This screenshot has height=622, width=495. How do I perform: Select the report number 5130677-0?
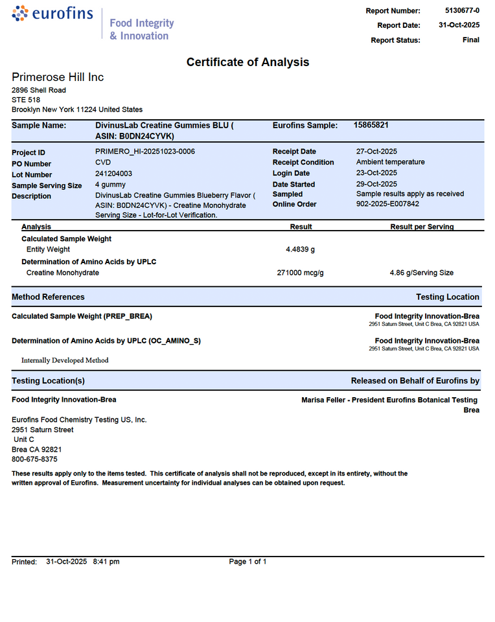tap(462, 10)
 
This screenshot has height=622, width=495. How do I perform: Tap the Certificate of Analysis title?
tap(247, 62)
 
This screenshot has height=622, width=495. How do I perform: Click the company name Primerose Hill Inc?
tap(58, 77)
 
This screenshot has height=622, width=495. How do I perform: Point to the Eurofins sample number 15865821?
tap(371, 124)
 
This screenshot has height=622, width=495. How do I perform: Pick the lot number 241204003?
tap(114, 174)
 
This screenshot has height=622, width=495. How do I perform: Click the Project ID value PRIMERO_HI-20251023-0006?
tap(145, 152)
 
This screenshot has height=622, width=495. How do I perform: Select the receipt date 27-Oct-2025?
tap(377, 152)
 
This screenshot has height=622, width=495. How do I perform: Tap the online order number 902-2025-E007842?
tap(387, 204)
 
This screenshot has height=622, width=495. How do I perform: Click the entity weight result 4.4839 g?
tap(300, 249)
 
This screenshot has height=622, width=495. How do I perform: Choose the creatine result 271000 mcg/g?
tap(300, 273)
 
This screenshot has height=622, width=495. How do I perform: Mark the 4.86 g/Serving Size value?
tap(421, 273)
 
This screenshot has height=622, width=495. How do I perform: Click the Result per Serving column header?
tap(422, 227)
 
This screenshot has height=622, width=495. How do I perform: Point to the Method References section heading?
tap(48, 297)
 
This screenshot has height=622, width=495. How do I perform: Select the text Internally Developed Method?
tap(65, 360)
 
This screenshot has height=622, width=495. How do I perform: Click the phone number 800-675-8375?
tap(34, 459)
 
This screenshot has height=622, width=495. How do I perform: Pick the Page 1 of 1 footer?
tap(247, 562)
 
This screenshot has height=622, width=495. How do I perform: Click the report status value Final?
tap(471, 40)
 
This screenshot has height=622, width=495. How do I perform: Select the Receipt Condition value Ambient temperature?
tap(390, 162)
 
